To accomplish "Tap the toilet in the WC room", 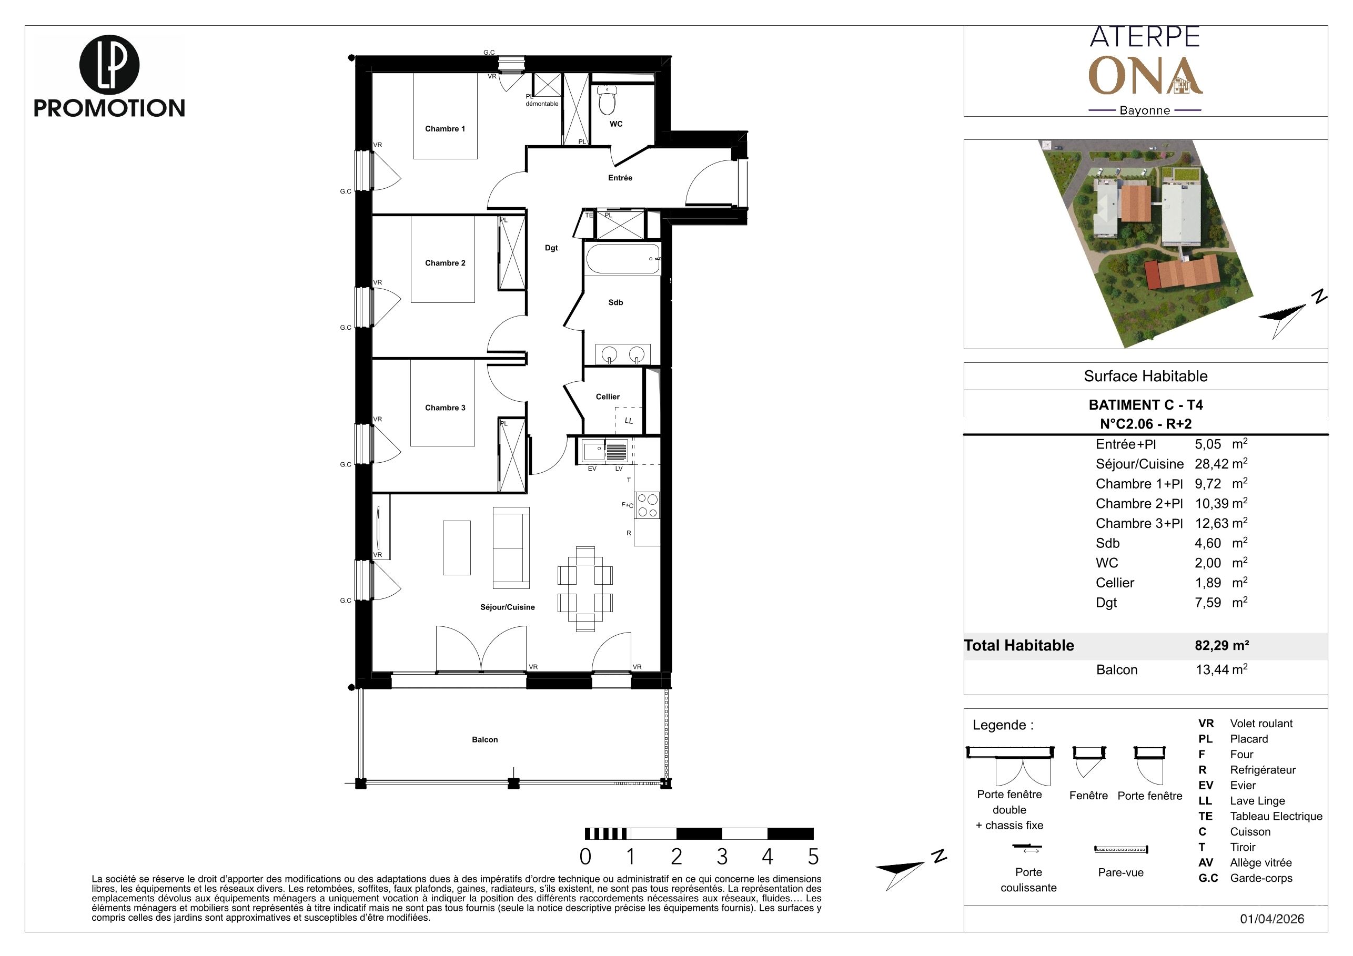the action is [607, 100].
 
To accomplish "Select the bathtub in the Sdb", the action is [623, 259].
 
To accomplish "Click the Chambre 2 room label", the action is [445, 263].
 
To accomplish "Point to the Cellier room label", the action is [608, 396].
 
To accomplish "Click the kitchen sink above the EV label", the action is [592, 452].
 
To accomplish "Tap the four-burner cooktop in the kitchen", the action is [647, 505].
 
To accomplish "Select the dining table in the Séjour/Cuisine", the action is [585, 588].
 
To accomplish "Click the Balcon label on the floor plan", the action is [484, 739].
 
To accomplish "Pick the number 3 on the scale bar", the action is [722, 856].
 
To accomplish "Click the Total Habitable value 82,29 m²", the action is [1221, 645].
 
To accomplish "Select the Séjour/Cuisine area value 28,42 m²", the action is [1221, 464].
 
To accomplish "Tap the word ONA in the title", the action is [1145, 76].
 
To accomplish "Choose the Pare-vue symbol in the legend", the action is [1121, 849].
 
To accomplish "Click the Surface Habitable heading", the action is [1146, 376].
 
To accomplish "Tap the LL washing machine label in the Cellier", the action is [629, 421].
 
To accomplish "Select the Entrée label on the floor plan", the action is [620, 177].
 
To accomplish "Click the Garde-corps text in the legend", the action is [1261, 878].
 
